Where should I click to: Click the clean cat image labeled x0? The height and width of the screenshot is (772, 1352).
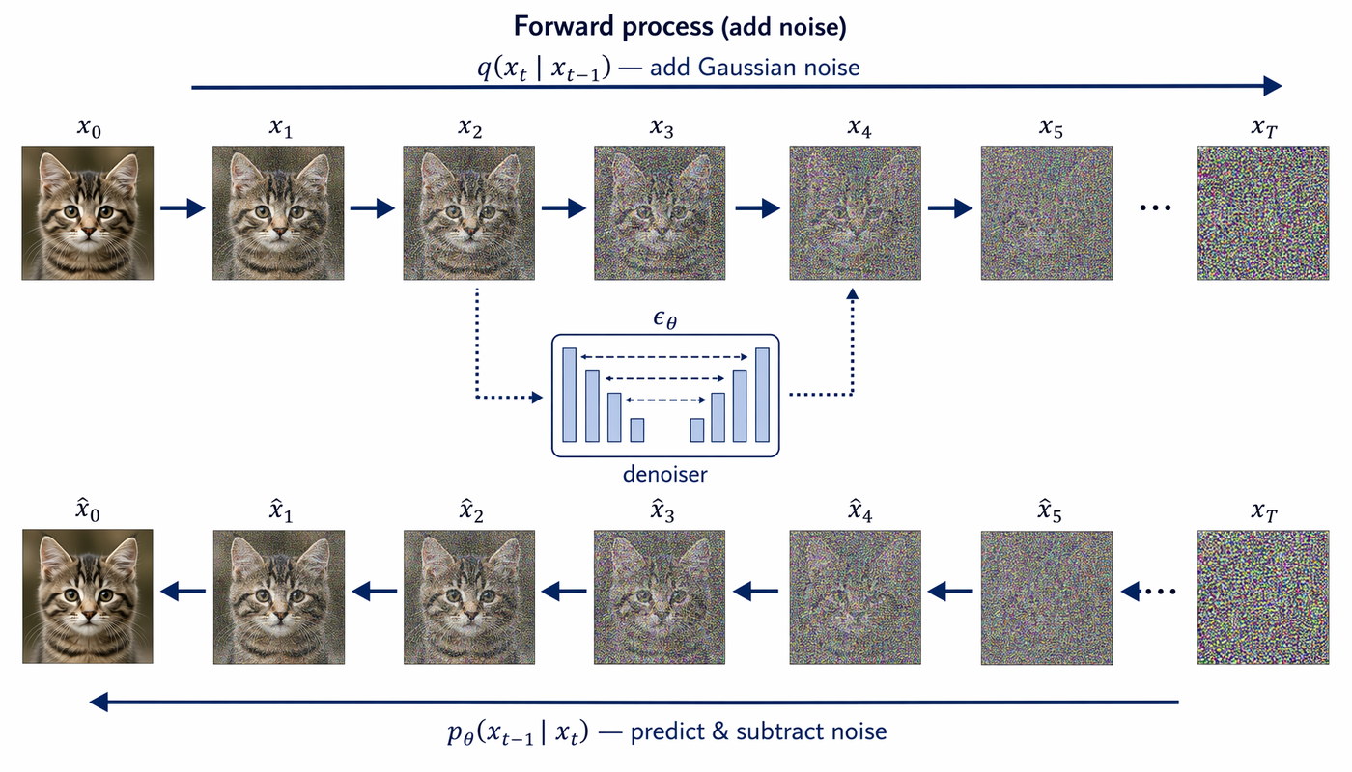click(x=88, y=213)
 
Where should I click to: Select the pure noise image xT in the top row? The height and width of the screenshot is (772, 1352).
click(x=1263, y=213)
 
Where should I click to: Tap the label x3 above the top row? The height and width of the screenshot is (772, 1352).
click(x=662, y=127)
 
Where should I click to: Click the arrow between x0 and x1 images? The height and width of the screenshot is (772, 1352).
click(x=183, y=208)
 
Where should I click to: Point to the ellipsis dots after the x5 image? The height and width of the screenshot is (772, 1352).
click(x=1155, y=208)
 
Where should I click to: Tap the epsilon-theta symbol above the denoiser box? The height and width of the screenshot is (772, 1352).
click(x=665, y=319)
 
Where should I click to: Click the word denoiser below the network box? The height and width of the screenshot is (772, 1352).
click(x=665, y=474)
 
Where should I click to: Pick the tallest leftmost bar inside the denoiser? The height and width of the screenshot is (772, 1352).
click(x=569, y=395)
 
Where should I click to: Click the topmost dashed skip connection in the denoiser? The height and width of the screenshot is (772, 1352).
click(x=664, y=357)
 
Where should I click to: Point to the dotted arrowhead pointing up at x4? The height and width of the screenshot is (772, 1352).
click(x=852, y=293)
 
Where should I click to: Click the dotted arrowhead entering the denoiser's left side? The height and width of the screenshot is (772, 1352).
click(x=537, y=397)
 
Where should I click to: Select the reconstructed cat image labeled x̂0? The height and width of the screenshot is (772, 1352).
click(x=88, y=596)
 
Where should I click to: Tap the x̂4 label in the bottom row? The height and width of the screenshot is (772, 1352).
click(x=860, y=510)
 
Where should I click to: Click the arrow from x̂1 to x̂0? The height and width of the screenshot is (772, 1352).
click(x=183, y=591)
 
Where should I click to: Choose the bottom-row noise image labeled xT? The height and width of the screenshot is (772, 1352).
click(x=1263, y=597)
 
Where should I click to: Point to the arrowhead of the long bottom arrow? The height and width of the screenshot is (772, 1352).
click(x=99, y=703)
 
